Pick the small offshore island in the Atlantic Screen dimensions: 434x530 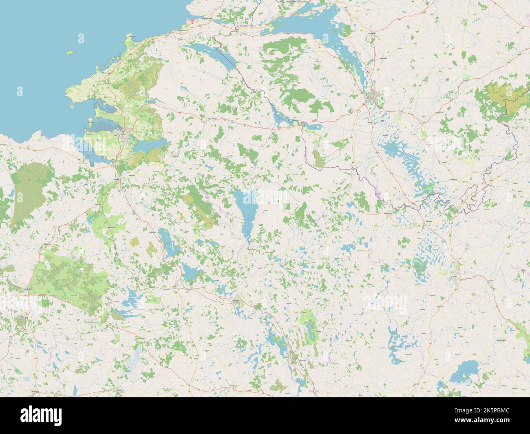[70, 53]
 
